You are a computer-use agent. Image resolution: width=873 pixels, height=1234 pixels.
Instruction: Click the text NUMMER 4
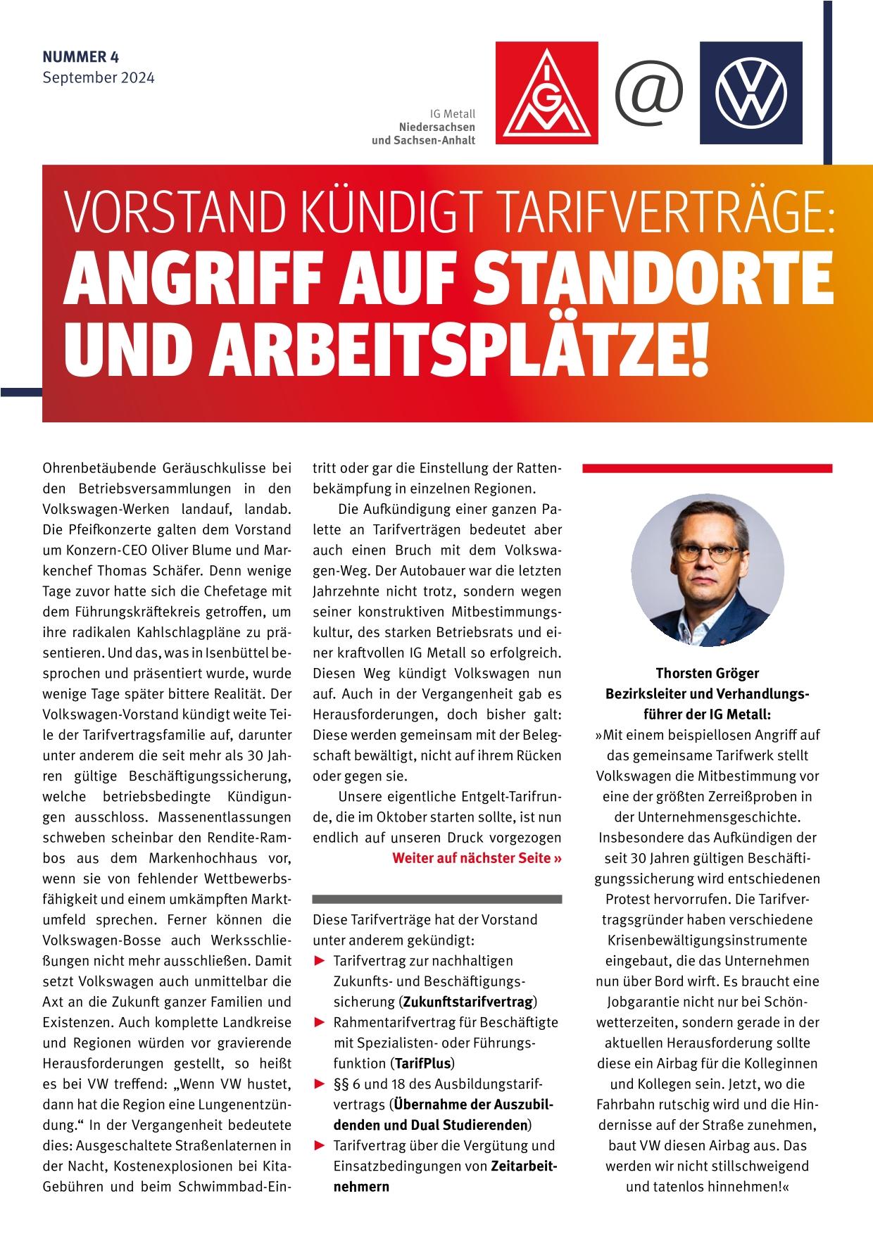[80, 56]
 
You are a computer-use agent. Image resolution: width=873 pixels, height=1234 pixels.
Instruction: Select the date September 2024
[98, 77]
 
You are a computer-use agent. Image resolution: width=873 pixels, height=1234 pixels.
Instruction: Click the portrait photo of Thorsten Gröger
[707, 569]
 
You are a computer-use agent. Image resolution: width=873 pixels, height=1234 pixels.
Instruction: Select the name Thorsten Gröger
[707, 674]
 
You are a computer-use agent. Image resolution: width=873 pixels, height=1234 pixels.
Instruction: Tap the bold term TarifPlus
[422, 1062]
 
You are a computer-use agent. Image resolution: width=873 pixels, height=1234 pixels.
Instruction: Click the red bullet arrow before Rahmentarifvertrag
[320, 1022]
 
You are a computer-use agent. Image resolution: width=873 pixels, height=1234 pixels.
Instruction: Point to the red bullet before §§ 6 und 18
[320, 1083]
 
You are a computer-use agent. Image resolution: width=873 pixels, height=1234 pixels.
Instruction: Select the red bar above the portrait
[707, 468]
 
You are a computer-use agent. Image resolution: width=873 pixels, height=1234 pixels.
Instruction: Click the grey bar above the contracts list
[436, 899]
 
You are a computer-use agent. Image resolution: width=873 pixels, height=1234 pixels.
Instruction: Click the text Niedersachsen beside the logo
[436, 127]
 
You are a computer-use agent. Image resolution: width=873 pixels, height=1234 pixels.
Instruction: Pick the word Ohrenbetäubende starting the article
[99, 468]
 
